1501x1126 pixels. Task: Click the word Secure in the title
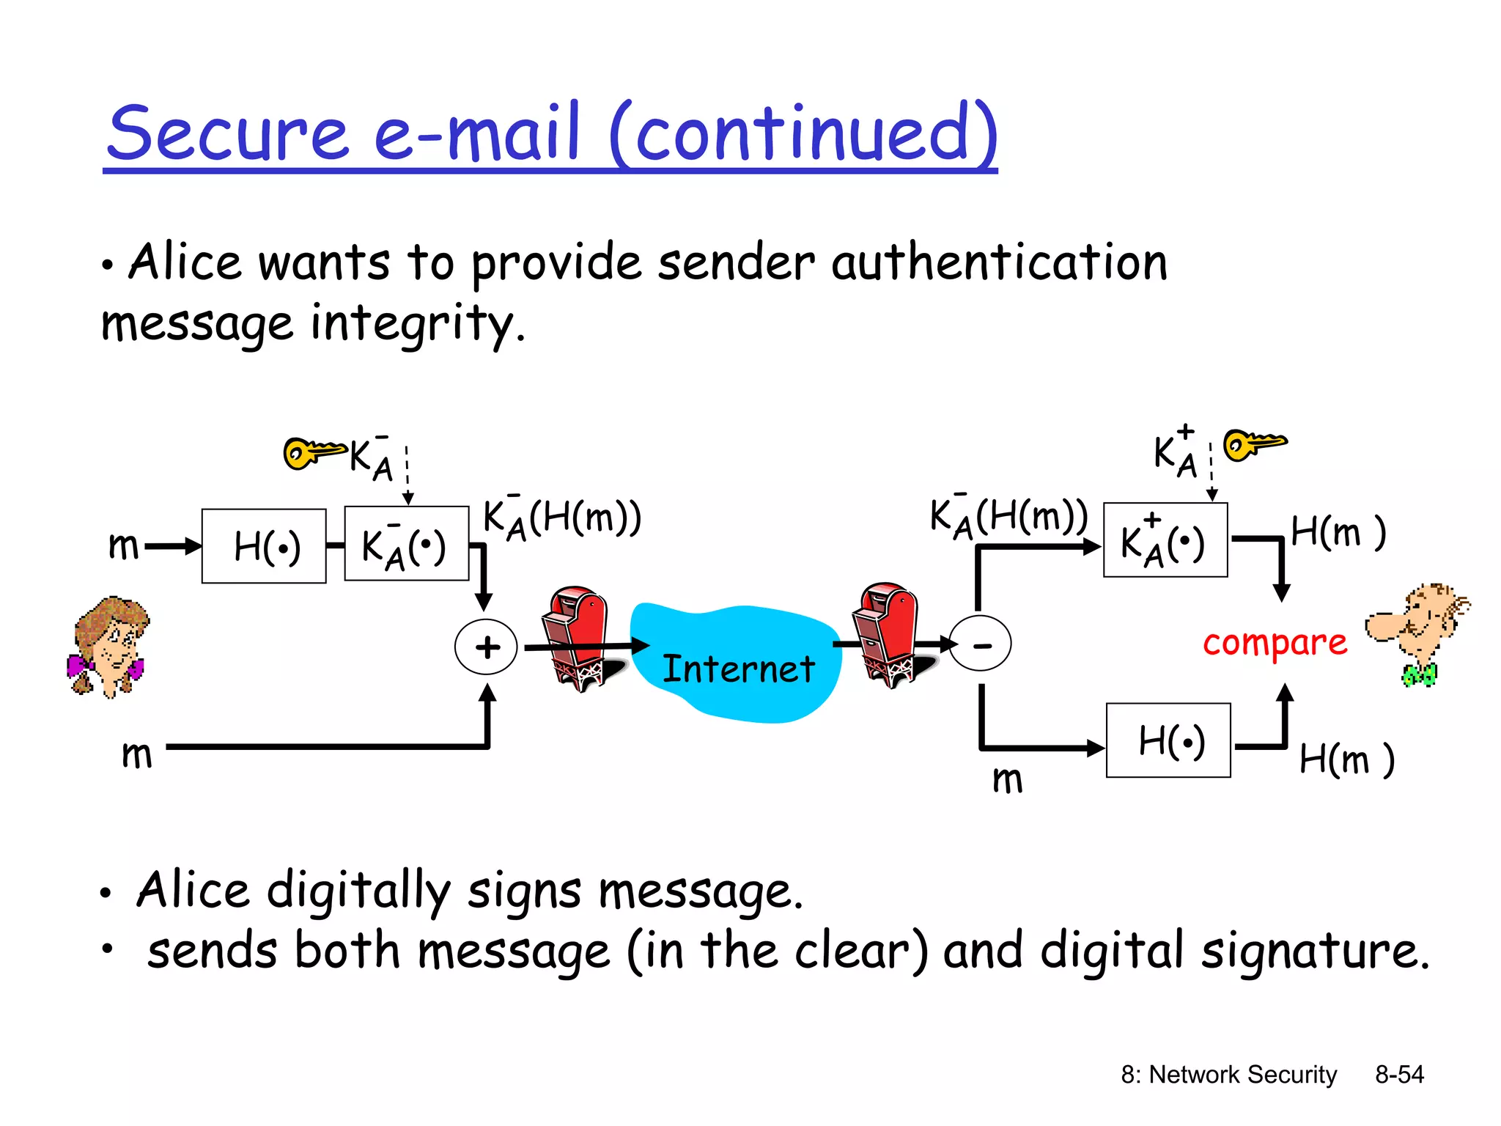pos(228,133)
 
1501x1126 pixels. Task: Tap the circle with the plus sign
pos(486,647)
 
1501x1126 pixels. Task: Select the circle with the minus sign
pos(980,644)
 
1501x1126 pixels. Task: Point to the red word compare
pos(1275,644)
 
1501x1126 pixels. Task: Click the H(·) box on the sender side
pos(264,546)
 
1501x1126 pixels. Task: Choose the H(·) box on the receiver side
pos(1168,740)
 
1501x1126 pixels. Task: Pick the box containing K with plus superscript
pos(1165,540)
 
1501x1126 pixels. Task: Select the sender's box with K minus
pos(407,544)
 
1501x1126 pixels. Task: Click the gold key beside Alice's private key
pos(312,452)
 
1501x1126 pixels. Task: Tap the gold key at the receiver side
pos(1254,444)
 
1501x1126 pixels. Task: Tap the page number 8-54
pos(1399,1075)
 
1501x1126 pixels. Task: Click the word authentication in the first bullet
pos(999,262)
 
